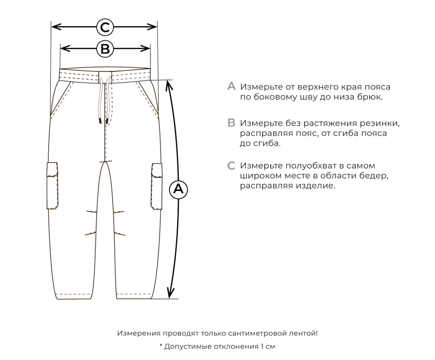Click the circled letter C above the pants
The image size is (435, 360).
(x=105, y=27)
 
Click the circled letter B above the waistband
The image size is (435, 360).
(x=105, y=49)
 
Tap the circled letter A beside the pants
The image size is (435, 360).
(x=177, y=189)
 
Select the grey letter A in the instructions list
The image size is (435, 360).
(x=231, y=87)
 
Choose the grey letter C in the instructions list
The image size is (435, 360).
(x=231, y=166)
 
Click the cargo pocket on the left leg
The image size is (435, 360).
(x=53, y=186)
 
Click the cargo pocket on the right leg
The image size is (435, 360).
(x=157, y=186)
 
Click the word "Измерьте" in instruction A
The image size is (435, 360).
(x=260, y=87)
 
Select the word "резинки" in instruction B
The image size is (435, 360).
(x=381, y=123)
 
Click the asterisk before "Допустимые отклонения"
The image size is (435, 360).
(x=161, y=346)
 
